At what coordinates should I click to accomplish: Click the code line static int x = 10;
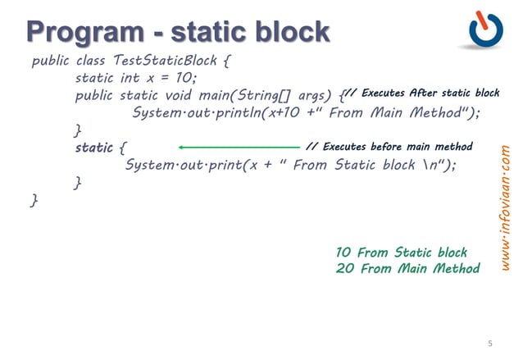(136, 79)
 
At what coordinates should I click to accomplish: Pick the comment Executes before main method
(389, 147)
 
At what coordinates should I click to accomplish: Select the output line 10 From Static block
(401, 253)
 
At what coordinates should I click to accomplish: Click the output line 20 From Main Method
(407, 268)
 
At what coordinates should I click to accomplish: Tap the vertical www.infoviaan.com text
(506, 209)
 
